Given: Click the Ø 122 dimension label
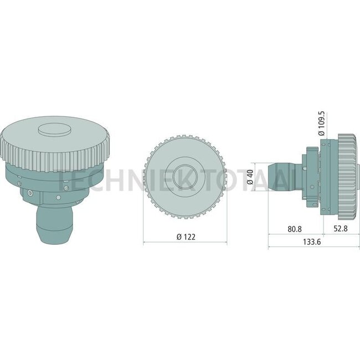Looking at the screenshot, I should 186,236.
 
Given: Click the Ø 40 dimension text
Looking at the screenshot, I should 250,177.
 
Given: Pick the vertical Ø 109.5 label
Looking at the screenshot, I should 322,122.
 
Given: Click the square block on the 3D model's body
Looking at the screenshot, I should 29,193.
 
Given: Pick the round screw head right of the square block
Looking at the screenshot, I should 59,197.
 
